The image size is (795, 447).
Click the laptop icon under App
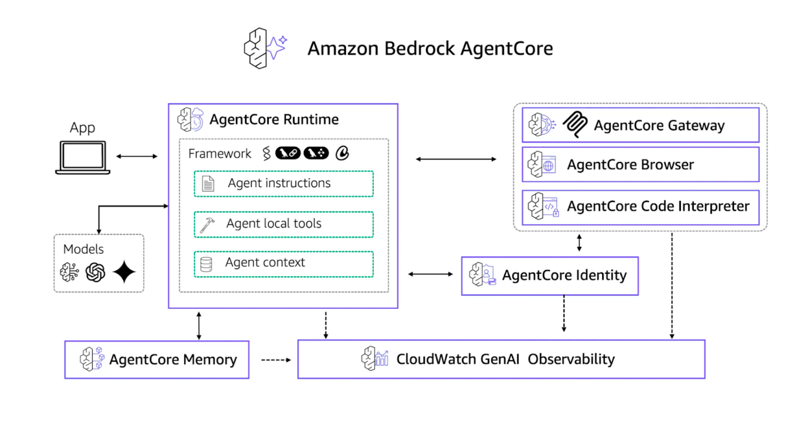(x=83, y=157)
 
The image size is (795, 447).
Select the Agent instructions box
(x=284, y=183)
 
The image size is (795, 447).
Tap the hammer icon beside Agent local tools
(x=207, y=225)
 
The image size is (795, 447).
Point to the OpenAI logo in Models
(x=95, y=272)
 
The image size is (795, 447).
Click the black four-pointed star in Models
(x=124, y=272)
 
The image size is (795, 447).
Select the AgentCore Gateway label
(x=659, y=125)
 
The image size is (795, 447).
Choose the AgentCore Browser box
(x=640, y=165)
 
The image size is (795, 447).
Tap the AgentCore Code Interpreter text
(x=658, y=206)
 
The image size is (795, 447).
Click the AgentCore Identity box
(x=550, y=276)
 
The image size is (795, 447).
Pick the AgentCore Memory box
(x=157, y=360)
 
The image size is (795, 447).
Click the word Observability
(x=571, y=359)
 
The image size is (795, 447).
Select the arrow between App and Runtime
(x=137, y=156)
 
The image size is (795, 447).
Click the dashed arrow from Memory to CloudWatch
(x=276, y=360)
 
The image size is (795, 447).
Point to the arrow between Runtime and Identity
(x=430, y=274)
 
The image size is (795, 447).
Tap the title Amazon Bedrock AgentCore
(x=430, y=48)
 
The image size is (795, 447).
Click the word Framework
(x=219, y=154)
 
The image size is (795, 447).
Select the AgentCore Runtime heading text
(x=274, y=120)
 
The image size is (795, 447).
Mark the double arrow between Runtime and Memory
(x=199, y=326)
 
